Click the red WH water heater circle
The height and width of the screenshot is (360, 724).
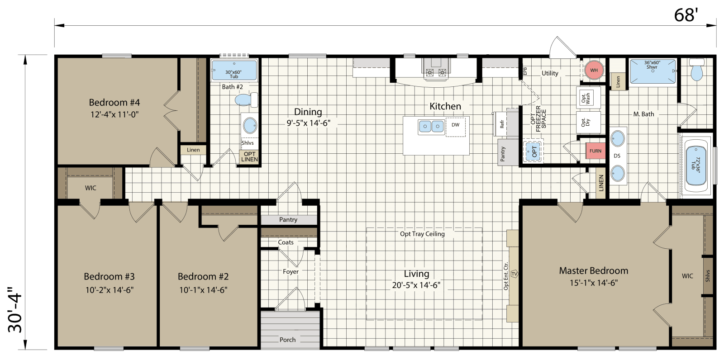594,70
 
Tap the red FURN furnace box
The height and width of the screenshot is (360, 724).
595,151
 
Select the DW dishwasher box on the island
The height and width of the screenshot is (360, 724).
455,125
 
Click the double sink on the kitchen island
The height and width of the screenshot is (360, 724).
431,126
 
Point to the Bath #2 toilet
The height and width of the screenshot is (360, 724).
245,99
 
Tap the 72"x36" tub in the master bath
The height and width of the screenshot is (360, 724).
696,165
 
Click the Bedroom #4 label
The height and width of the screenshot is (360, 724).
114,103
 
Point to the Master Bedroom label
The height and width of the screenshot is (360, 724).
593,270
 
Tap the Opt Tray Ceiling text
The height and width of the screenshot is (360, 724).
422,234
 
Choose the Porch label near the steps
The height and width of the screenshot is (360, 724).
287,340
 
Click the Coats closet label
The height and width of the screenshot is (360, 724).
286,242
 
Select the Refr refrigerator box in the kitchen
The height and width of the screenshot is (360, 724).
501,124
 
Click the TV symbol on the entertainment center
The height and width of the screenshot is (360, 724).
514,275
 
